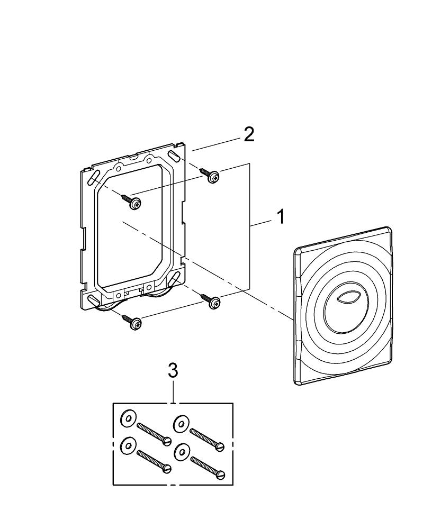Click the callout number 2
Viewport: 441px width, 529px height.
[x=249, y=135]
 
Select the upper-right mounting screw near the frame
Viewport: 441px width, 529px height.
[x=210, y=175]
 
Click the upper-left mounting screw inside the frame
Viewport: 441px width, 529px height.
[x=132, y=202]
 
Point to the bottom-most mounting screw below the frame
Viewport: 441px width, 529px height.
[x=132, y=323]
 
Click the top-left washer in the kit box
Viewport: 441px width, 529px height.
[x=128, y=418]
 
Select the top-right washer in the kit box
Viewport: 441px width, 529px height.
[x=181, y=423]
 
